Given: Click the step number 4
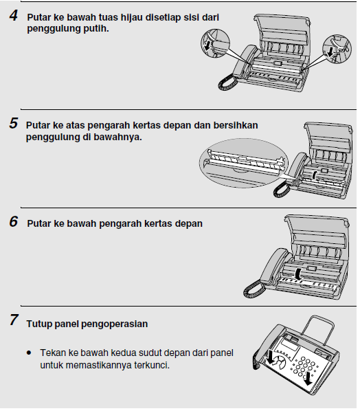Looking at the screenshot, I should pos(13,14).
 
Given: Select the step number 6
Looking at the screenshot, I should pos(13,223).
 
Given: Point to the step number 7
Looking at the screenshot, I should pos(13,321).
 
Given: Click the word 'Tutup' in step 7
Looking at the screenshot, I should pos(39,324).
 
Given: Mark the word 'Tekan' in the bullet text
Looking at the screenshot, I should pos(52,353).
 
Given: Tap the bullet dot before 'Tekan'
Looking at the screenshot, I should pos(29,353).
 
